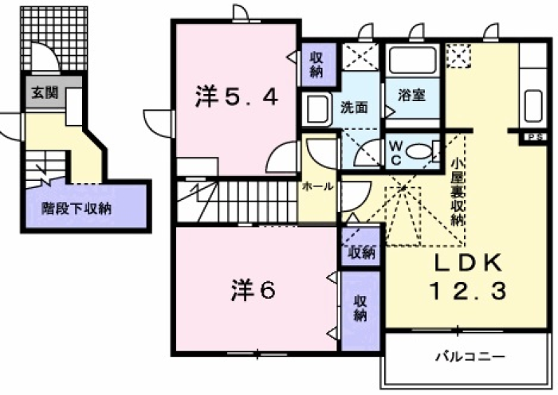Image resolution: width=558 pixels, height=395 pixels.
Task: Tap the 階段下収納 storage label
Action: (x=77, y=210)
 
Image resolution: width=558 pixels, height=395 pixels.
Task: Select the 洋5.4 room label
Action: (x=237, y=97)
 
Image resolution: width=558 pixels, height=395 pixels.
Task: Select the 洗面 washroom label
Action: (x=354, y=108)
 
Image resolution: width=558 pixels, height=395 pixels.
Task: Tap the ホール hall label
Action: (x=316, y=186)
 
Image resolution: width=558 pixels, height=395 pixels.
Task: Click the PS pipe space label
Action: (x=531, y=138)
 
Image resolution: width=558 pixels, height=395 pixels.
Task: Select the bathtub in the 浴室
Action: (x=412, y=60)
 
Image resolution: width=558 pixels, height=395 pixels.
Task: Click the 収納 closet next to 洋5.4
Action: (x=316, y=65)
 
